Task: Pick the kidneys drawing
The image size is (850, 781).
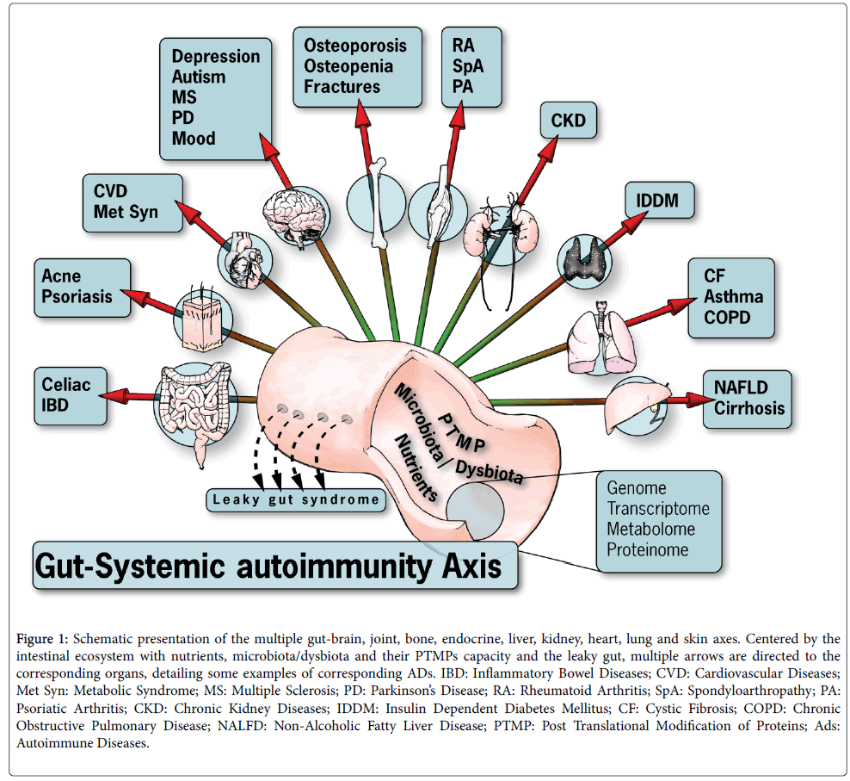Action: pyautogui.click(x=501, y=227)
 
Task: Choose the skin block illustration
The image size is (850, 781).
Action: pyautogui.click(x=201, y=312)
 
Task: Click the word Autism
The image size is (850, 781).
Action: pyautogui.click(x=199, y=77)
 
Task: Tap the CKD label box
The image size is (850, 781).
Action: pyautogui.click(x=568, y=120)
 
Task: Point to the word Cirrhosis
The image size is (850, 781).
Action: pyautogui.click(x=749, y=407)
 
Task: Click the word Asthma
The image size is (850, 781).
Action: pyautogui.click(x=734, y=297)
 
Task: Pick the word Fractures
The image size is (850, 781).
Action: pyautogui.click(x=342, y=86)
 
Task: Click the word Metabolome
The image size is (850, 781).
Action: pyautogui.click(x=651, y=529)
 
